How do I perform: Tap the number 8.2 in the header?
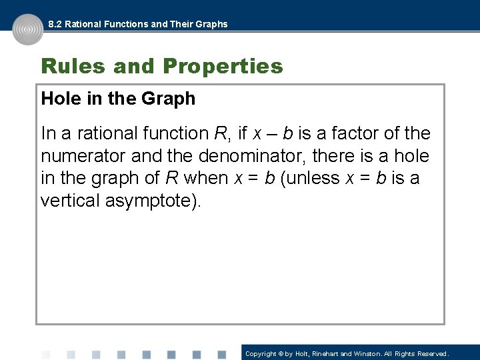(55, 24)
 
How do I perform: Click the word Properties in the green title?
(223, 67)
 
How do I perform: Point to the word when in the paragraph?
(206, 179)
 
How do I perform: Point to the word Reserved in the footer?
(434, 354)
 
